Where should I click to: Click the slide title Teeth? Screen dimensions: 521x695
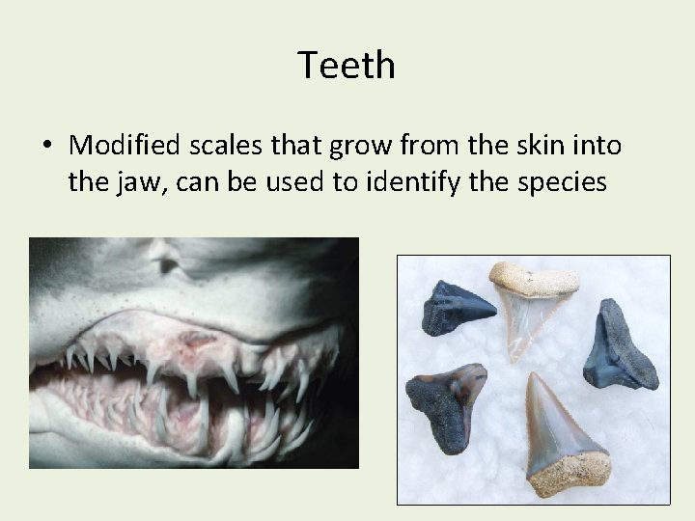(347, 66)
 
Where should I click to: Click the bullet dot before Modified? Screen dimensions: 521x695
(47, 146)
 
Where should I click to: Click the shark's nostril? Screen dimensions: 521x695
(170, 261)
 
